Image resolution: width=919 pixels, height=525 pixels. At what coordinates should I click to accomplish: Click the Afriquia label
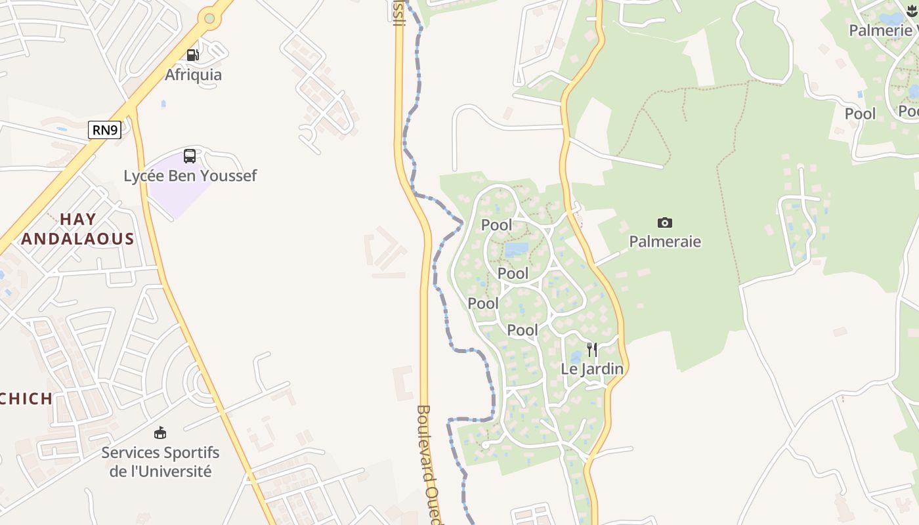(193, 75)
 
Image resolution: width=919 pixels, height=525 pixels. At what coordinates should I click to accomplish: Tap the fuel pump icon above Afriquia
(192, 55)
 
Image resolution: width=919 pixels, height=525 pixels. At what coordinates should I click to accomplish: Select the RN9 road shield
(105, 130)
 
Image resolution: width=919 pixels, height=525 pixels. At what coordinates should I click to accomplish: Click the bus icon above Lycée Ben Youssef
(190, 156)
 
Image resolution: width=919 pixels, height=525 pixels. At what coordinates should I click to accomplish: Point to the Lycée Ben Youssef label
(190, 176)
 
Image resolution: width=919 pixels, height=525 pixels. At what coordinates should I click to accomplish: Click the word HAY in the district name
(78, 219)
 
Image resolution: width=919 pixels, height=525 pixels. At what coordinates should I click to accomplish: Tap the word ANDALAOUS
(77, 239)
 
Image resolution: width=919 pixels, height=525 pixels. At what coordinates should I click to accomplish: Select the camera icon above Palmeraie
(664, 223)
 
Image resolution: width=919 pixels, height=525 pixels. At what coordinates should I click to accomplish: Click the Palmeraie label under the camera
(665, 241)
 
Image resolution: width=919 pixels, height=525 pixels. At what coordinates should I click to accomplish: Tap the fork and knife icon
(591, 349)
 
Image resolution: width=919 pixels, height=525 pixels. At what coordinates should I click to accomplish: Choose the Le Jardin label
(591, 369)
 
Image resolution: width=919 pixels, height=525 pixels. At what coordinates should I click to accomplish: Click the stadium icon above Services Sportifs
(160, 433)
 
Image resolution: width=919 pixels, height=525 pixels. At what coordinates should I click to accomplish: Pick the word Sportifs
(190, 453)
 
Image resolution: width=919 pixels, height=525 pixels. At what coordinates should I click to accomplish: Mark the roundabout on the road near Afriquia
(209, 18)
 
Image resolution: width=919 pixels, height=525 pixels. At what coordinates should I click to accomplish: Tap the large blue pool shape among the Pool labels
(516, 249)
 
